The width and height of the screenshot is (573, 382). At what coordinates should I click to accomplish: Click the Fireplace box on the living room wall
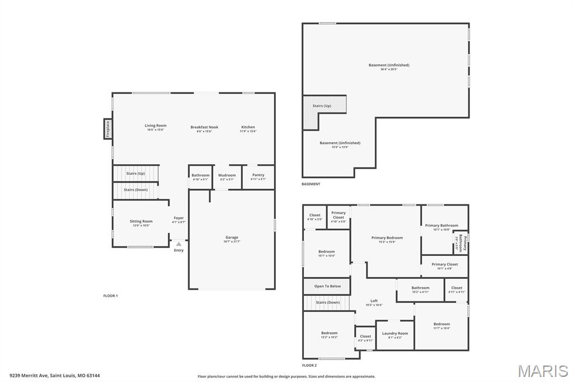pyautogui.click(x=107, y=129)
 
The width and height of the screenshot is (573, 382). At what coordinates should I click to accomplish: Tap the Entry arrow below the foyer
pyautogui.click(x=179, y=244)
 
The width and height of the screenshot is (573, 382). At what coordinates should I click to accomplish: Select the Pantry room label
pyautogui.click(x=258, y=175)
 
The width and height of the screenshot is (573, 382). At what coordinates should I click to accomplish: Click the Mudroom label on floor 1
pyautogui.click(x=227, y=175)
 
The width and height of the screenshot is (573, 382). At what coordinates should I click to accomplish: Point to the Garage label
pyautogui.click(x=231, y=237)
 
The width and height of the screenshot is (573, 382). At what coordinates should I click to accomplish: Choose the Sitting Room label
pyautogui.click(x=141, y=221)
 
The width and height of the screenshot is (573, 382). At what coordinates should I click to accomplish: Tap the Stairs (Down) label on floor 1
pyautogui.click(x=135, y=190)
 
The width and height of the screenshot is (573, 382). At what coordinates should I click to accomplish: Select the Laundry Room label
pyautogui.click(x=395, y=333)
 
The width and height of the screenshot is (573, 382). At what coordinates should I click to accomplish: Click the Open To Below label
pyautogui.click(x=327, y=286)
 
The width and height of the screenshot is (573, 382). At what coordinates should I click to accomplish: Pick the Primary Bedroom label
pyautogui.click(x=387, y=238)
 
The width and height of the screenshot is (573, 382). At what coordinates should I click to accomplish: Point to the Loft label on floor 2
pyautogui.click(x=374, y=301)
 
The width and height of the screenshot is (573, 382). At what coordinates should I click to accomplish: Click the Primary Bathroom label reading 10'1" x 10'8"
pyautogui.click(x=442, y=226)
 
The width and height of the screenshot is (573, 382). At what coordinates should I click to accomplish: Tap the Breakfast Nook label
pyautogui.click(x=204, y=127)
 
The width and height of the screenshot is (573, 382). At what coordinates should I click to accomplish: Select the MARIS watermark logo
pyautogui.click(x=543, y=370)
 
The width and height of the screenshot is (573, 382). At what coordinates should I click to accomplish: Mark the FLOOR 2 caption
pyautogui.click(x=309, y=365)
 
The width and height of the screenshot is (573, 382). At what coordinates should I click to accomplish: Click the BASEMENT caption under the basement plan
pyautogui.click(x=311, y=184)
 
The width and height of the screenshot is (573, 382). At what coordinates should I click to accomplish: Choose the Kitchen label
pyautogui.click(x=248, y=127)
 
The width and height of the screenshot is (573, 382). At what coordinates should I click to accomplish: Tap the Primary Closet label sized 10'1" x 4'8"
pyautogui.click(x=444, y=264)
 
